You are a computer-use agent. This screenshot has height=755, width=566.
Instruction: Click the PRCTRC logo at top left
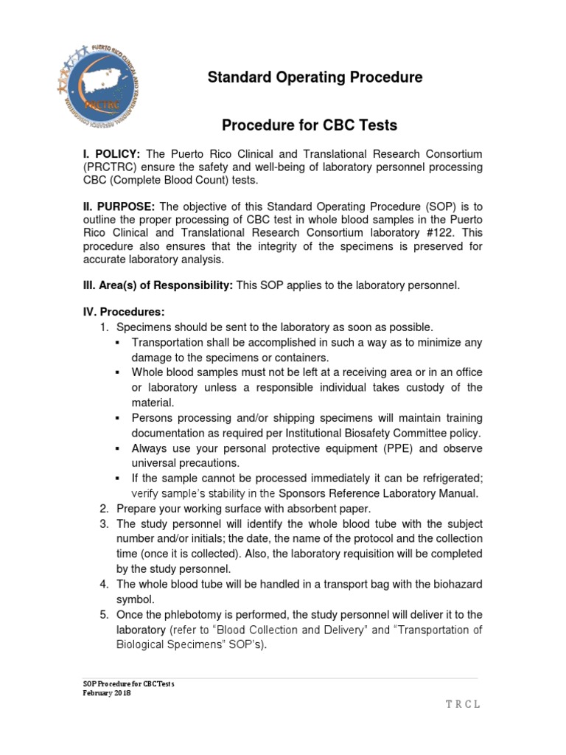[x=99, y=79]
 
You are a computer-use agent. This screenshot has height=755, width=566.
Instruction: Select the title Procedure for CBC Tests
[x=310, y=125]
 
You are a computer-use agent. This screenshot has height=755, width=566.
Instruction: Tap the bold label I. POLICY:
[x=112, y=154]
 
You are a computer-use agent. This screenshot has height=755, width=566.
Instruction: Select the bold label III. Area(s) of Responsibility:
[x=157, y=285]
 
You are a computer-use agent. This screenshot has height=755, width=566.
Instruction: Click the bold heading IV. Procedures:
[x=122, y=313]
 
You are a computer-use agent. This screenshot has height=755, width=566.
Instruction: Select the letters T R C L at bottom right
[x=462, y=704]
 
